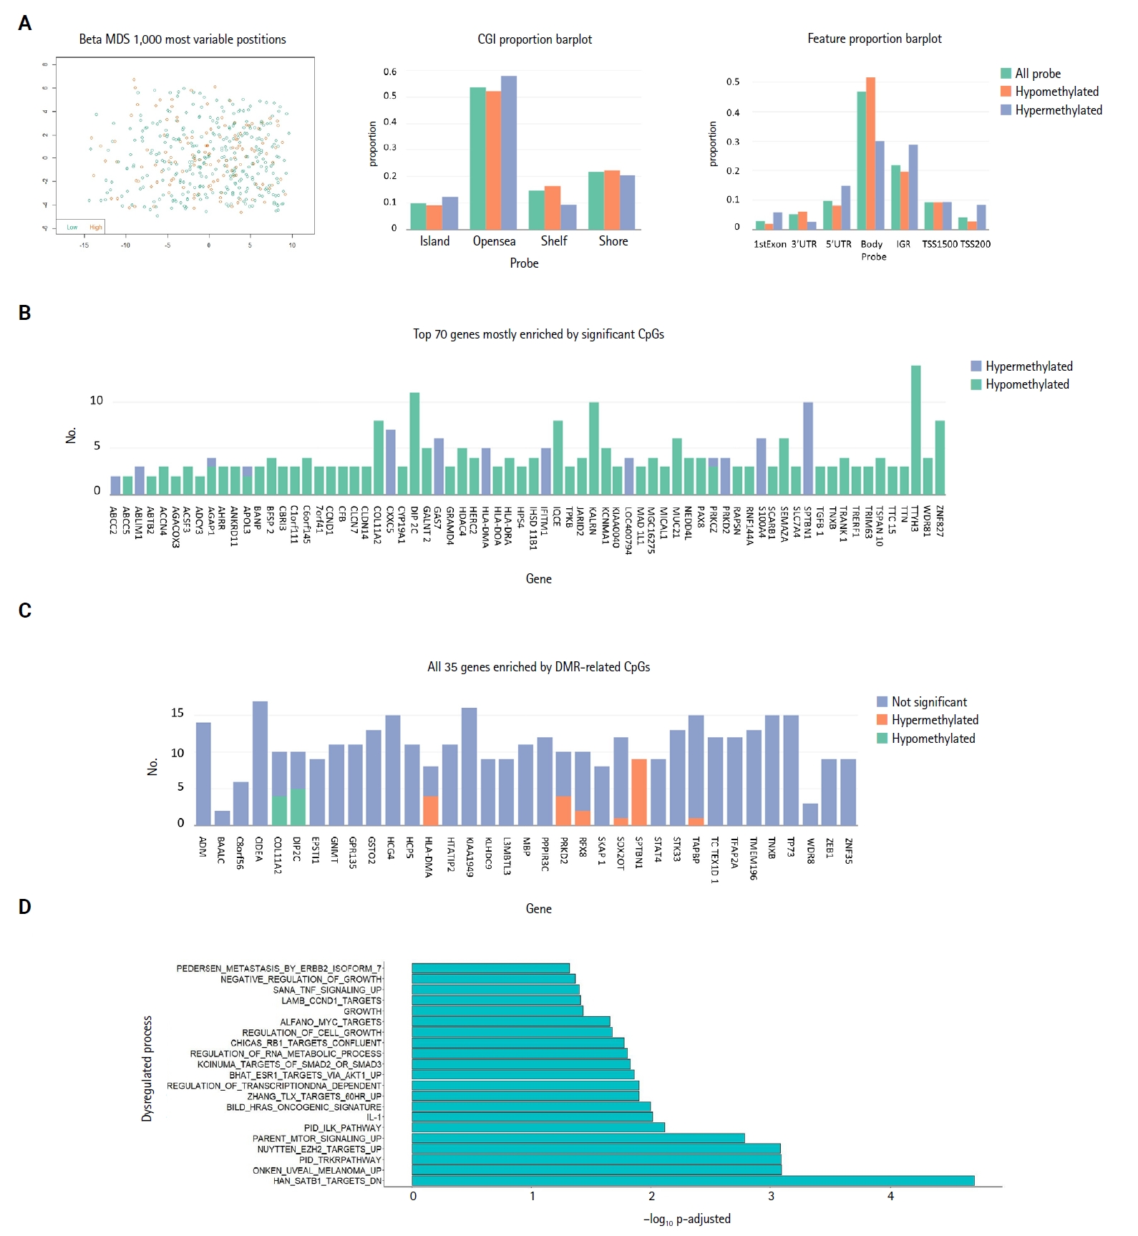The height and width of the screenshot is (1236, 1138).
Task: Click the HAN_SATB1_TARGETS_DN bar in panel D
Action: click(693, 1180)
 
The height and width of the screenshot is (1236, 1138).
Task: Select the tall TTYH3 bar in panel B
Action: click(915, 429)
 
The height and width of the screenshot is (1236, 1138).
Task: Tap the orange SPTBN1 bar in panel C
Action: click(638, 792)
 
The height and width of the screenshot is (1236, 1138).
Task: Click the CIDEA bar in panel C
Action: click(260, 763)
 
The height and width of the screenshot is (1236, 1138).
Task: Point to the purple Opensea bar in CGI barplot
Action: click(509, 152)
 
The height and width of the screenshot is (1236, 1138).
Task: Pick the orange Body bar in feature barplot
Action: click(870, 153)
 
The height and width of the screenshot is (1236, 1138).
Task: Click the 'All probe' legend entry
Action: click(1037, 73)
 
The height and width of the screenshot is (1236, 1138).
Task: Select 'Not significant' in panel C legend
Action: click(928, 702)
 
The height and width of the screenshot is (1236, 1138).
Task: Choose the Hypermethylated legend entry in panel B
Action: click(1028, 366)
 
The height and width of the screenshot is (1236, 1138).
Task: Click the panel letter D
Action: click(25, 907)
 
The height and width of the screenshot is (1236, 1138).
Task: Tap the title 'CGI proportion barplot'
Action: click(535, 39)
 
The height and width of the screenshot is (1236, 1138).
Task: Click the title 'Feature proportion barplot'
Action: click(874, 39)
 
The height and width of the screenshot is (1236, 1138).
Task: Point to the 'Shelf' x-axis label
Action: click(554, 241)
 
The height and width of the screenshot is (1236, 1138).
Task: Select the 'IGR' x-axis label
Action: click(903, 244)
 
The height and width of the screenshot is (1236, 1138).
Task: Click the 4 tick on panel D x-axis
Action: click(890, 1196)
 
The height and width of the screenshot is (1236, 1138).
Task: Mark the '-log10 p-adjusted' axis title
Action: click(687, 1219)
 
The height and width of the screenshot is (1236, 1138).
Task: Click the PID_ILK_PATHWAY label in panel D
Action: click(342, 1128)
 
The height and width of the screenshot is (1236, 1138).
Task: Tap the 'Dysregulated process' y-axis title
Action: click(147, 1069)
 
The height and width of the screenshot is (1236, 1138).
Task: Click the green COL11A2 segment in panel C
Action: click(279, 810)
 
